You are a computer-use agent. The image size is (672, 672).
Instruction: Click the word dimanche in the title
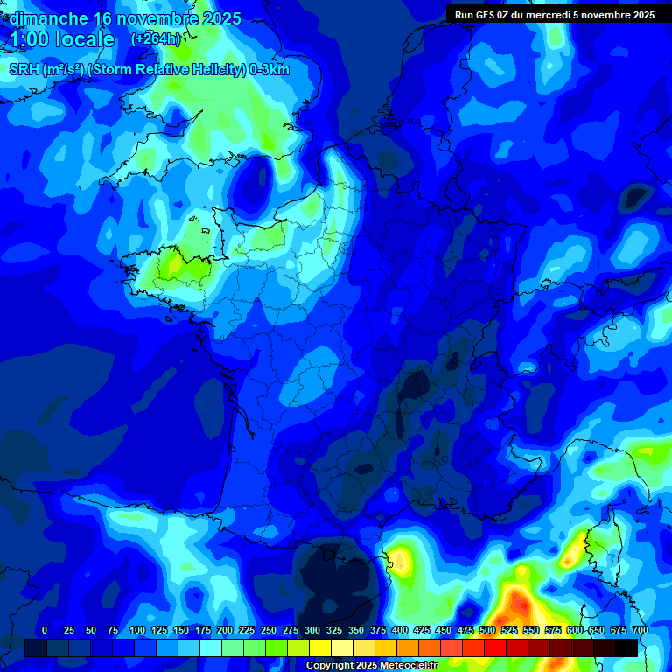48,19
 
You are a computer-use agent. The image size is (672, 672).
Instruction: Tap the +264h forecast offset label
156,39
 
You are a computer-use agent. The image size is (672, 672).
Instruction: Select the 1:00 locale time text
61,40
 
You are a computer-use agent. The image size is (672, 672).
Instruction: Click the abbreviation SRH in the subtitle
24,71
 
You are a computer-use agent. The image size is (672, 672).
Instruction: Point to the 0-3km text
269,71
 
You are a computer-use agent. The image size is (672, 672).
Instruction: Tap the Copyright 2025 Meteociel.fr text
371,665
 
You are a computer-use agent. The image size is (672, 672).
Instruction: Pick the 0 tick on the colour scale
45,630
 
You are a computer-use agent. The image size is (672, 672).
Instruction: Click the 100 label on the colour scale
136,630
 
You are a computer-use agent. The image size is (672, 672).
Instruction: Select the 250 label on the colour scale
269,630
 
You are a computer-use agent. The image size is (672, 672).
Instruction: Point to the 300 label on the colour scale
312,630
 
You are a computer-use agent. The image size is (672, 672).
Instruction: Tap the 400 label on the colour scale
400,630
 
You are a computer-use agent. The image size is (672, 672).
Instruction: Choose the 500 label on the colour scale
487,630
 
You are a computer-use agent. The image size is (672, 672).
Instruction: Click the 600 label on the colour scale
575,630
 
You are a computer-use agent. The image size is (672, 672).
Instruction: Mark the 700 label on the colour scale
640,630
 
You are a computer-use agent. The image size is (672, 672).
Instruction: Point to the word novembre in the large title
156,19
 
